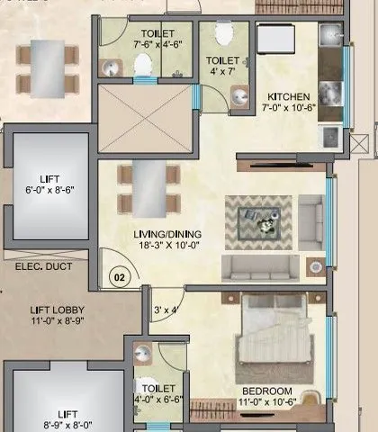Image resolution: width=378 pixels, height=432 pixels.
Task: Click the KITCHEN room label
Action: click(x=288, y=96)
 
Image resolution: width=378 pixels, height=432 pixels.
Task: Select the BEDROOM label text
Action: click(x=267, y=390)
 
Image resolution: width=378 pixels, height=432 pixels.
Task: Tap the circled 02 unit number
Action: click(x=118, y=276)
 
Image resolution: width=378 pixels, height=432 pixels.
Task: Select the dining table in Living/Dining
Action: click(x=146, y=188)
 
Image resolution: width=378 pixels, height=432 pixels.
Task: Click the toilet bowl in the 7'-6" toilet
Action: click(x=142, y=65)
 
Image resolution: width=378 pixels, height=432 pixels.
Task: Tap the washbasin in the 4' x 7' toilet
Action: click(x=240, y=95)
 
